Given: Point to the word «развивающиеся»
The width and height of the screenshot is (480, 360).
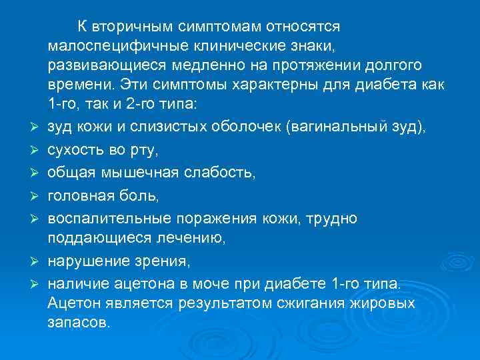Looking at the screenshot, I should (97, 66).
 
